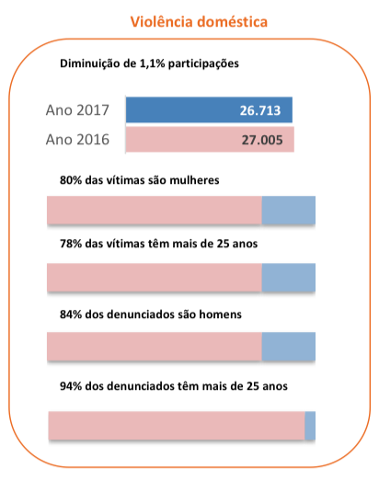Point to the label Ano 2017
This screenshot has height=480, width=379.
point(78,111)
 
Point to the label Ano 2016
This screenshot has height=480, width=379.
point(78,140)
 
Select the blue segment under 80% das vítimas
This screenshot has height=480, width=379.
point(289,211)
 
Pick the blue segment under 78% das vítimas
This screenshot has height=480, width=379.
point(289,278)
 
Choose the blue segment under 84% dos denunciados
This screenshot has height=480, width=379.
point(289,347)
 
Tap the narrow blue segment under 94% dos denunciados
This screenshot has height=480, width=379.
point(310,426)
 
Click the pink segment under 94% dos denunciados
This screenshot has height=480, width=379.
point(175,426)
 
